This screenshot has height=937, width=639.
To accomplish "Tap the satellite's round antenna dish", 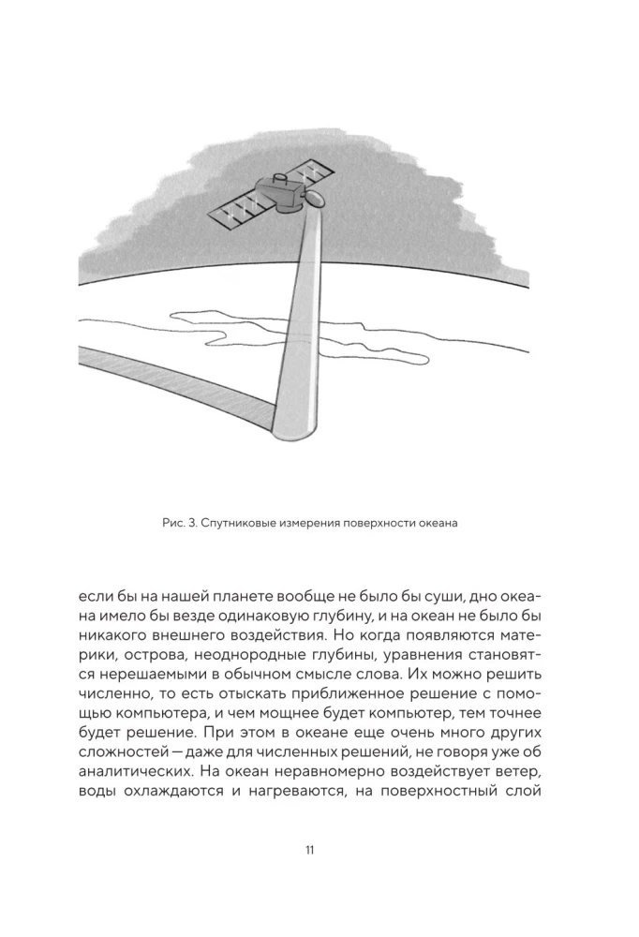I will coord(316,199).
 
